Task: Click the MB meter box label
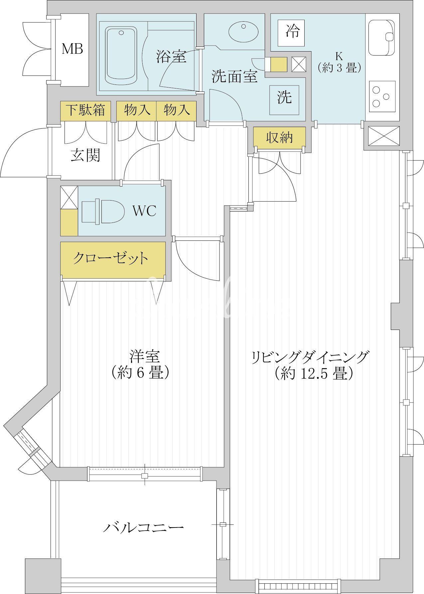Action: [x=72, y=49]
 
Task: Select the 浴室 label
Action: [x=171, y=57]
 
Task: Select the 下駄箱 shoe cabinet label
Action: [x=85, y=110]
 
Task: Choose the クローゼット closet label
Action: [x=110, y=258]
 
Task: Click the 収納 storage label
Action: [x=279, y=137]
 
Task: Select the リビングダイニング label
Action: [x=310, y=357]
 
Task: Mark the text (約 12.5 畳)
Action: [x=313, y=373]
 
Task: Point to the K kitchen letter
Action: [x=339, y=56]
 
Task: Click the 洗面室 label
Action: [x=235, y=77]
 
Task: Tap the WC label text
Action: [x=144, y=211]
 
